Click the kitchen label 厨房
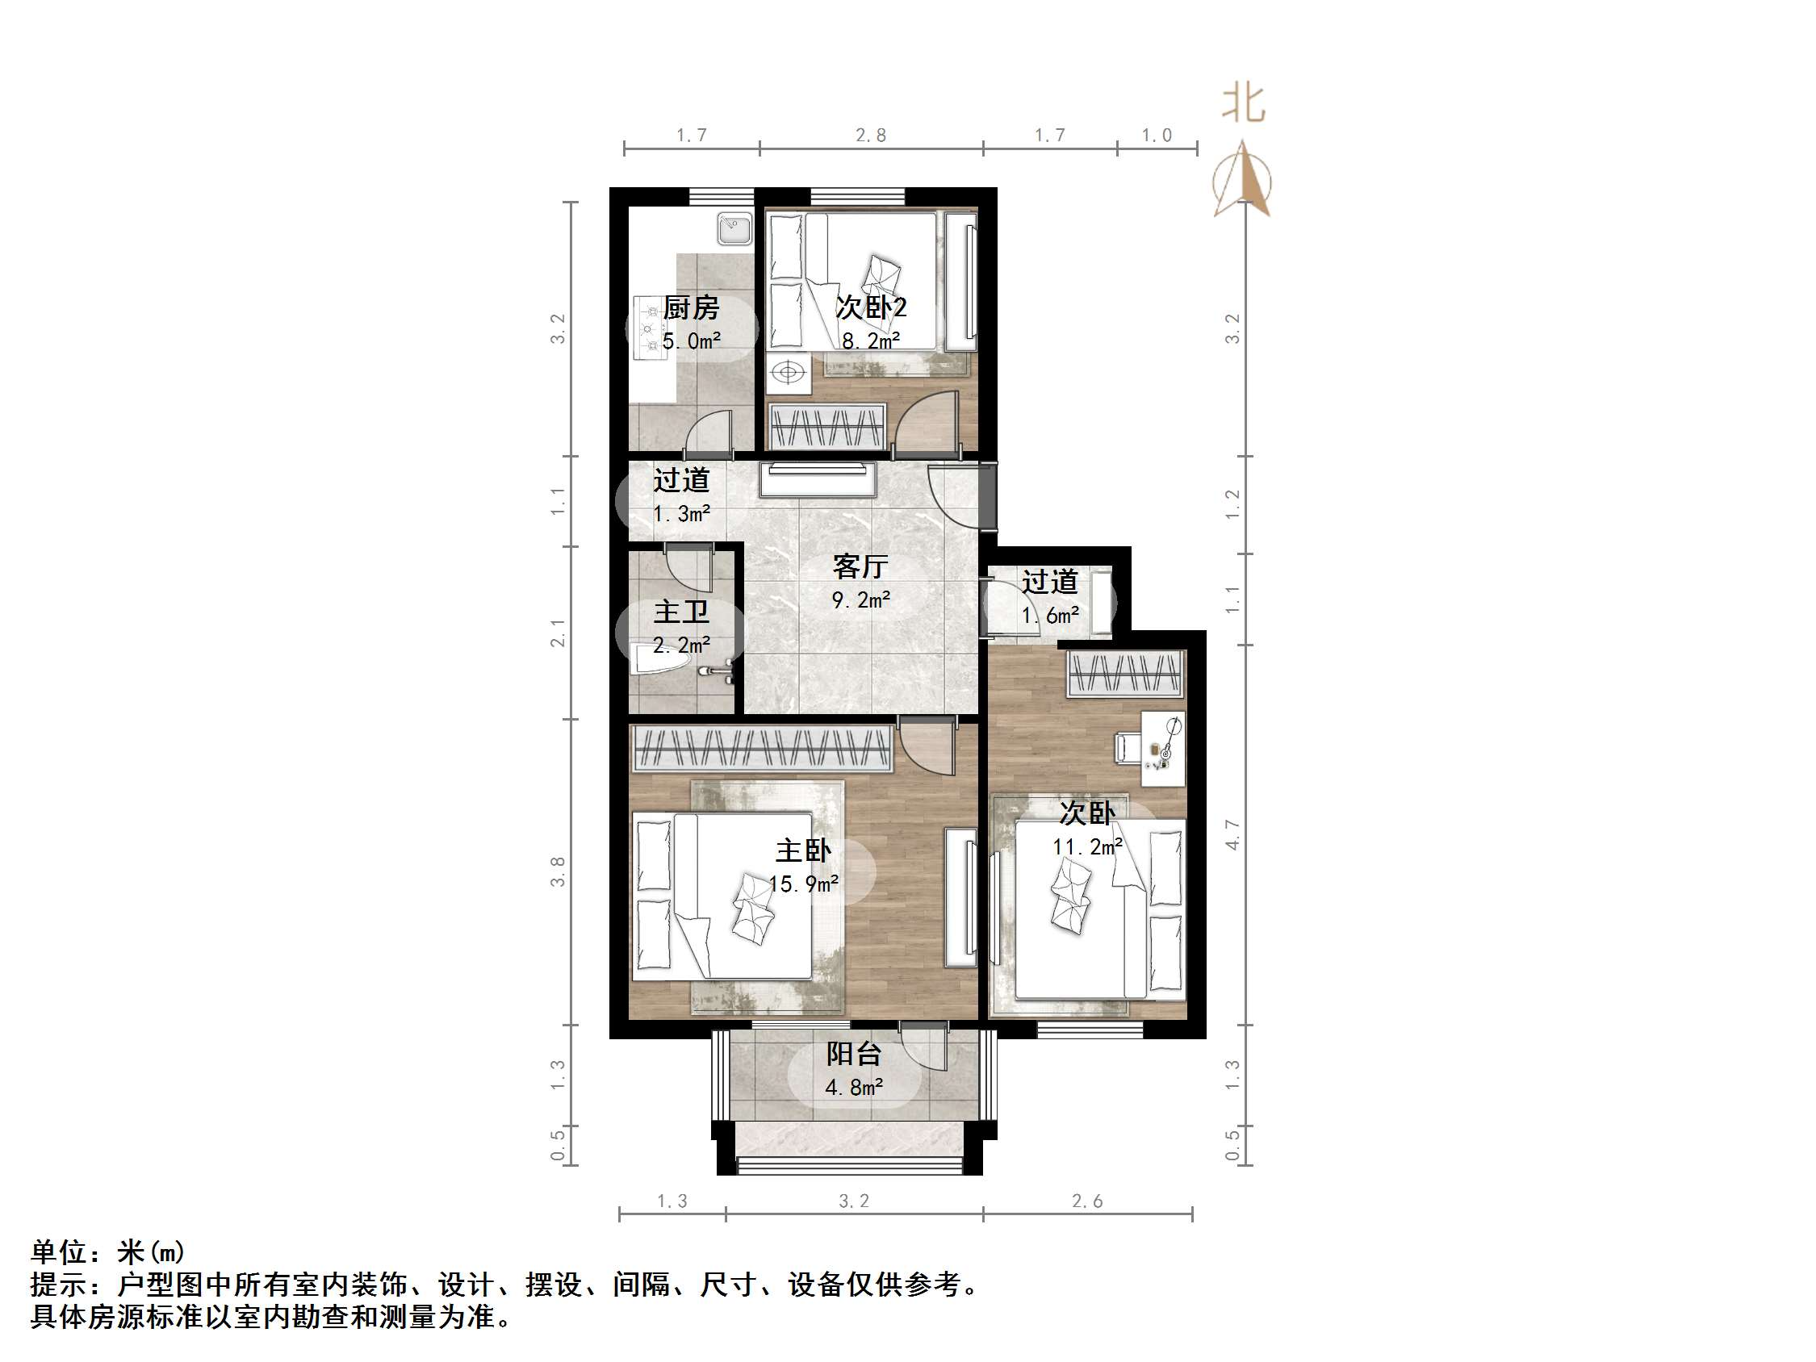(690, 308)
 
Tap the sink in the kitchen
(734, 229)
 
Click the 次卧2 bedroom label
(870, 308)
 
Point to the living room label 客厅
(860, 566)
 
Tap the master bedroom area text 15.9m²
(803, 884)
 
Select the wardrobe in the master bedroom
(762, 748)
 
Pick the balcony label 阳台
(854, 1053)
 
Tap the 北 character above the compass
(1243, 104)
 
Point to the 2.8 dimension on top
(870, 136)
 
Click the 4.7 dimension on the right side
(1232, 834)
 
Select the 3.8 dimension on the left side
(558, 871)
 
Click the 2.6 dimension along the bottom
(1087, 1201)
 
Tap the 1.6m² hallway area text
(1050, 615)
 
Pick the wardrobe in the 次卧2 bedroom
(827, 426)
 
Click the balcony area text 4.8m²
(854, 1088)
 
